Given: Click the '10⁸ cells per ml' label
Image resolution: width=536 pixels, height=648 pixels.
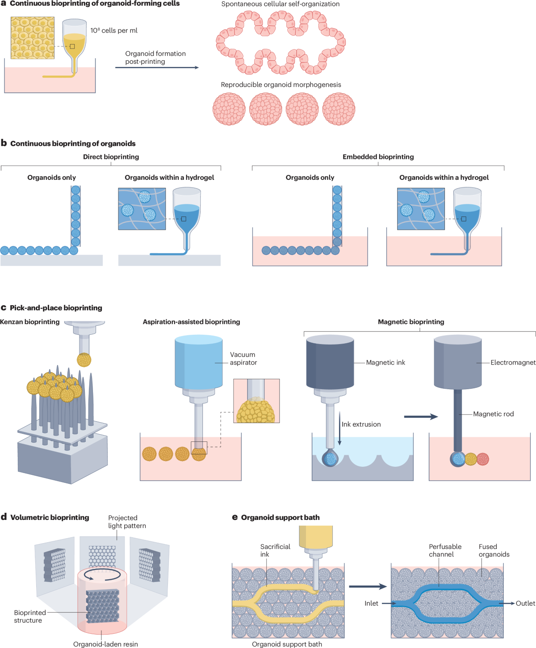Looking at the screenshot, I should (114, 30).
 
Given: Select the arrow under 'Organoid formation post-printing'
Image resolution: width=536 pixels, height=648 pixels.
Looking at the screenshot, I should (157, 67).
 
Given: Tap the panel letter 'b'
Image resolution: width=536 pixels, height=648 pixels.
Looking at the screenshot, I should (4, 143).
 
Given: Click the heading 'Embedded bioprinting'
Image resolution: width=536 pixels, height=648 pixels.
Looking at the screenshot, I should (378, 157).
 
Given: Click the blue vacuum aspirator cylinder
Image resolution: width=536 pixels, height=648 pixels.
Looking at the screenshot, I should (199, 361).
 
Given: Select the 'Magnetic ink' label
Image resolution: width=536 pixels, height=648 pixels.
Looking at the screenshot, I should (385, 362).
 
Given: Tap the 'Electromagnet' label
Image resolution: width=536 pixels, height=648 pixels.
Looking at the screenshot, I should (513, 362).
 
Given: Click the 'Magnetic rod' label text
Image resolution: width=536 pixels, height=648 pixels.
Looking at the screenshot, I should (493, 414).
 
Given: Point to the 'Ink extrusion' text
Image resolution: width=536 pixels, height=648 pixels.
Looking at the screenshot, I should (361, 424).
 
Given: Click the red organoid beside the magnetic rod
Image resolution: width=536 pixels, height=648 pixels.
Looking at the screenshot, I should (483, 459).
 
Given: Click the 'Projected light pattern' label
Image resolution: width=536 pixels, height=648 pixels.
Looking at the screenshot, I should (127, 522).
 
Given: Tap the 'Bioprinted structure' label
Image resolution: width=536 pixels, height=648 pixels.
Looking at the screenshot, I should (29, 616).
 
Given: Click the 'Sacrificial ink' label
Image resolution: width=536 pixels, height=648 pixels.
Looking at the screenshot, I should (275, 550).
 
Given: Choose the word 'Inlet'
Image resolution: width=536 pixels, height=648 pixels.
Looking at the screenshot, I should (371, 603).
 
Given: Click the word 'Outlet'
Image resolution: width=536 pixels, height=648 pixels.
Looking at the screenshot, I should (525, 603).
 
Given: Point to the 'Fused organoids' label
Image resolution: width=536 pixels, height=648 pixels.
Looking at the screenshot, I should (494, 550).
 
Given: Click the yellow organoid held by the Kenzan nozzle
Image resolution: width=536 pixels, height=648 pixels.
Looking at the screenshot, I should (84, 360).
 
